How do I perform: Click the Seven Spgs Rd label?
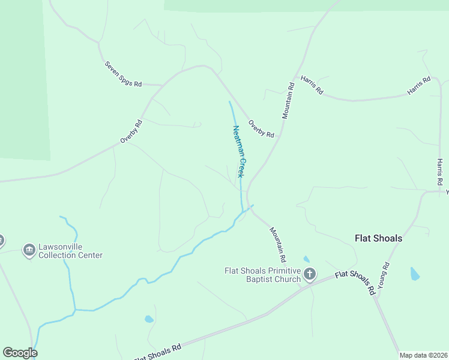click(123, 74)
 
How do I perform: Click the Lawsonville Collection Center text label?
click(70, 251)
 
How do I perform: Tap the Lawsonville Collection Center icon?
click(28, 250)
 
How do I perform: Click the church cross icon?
click(309, 275)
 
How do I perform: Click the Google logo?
click(20, 353)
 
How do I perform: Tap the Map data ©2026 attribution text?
click(423, 355)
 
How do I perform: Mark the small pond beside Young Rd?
click(414, 274)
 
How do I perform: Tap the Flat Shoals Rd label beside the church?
click(355, 282)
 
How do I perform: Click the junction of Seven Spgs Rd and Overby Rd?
click(163, 85)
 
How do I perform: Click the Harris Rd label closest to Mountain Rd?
click(312, 85)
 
